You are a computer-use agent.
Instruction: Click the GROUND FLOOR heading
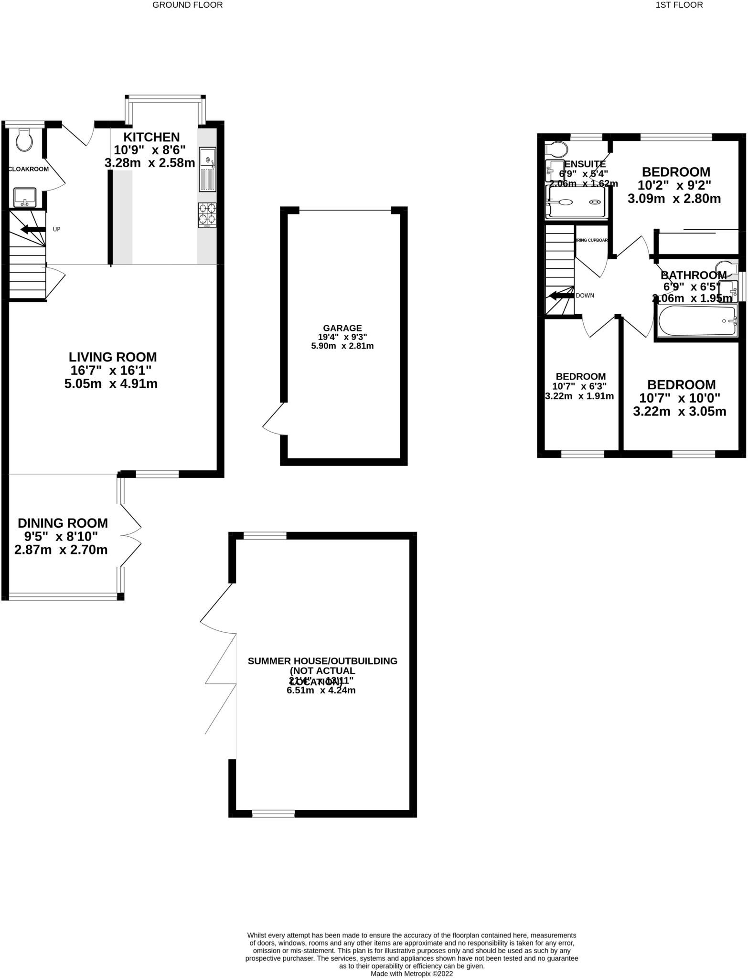tap(187, 5)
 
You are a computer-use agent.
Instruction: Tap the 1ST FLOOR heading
tap(679, 5)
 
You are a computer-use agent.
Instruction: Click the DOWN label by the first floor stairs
tap(585, 296)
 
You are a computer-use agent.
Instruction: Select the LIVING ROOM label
tap(113, 357)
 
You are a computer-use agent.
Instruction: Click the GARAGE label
tap(342, 328)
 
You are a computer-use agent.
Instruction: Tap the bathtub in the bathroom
tap(697, 321)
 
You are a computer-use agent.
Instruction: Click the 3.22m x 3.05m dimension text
tap(679, 411)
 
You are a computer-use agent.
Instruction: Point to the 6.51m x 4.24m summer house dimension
tap(321, 691)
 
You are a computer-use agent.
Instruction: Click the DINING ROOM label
tap(63, 523)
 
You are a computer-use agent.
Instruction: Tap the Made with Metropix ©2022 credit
tap(412, 973)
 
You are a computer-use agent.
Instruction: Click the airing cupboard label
tap(591, 240)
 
